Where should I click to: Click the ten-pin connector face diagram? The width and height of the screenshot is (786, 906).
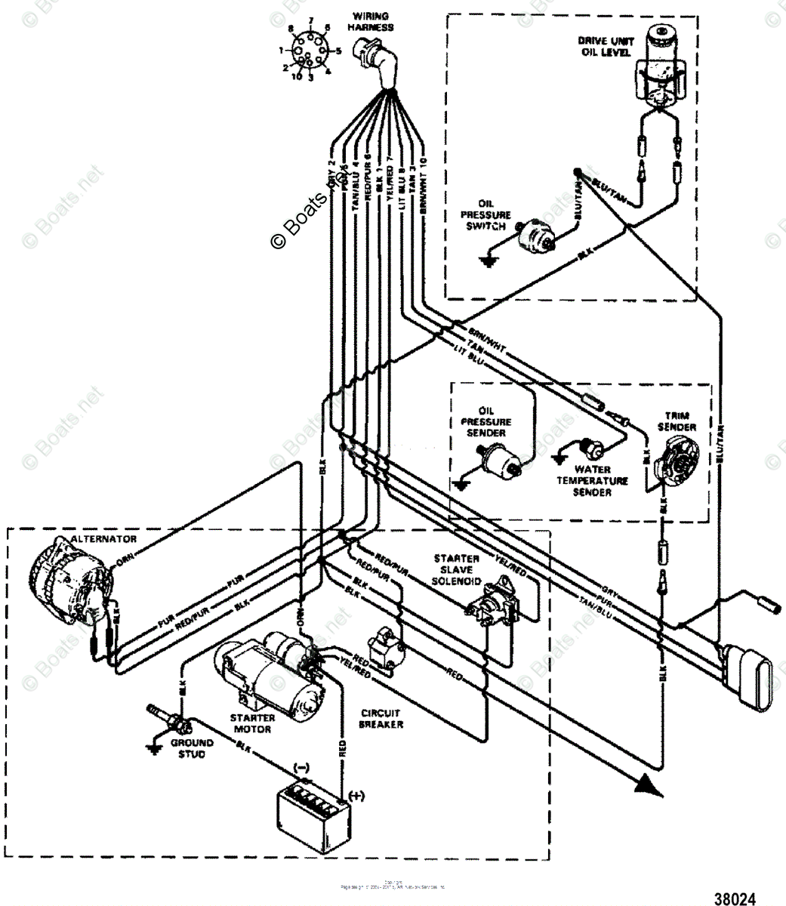point(310,52)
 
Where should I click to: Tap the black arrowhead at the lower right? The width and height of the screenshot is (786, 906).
point(646,785)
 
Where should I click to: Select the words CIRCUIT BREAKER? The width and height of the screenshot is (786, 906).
point(381,718)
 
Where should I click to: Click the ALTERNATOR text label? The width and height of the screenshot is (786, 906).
point(103,539)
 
